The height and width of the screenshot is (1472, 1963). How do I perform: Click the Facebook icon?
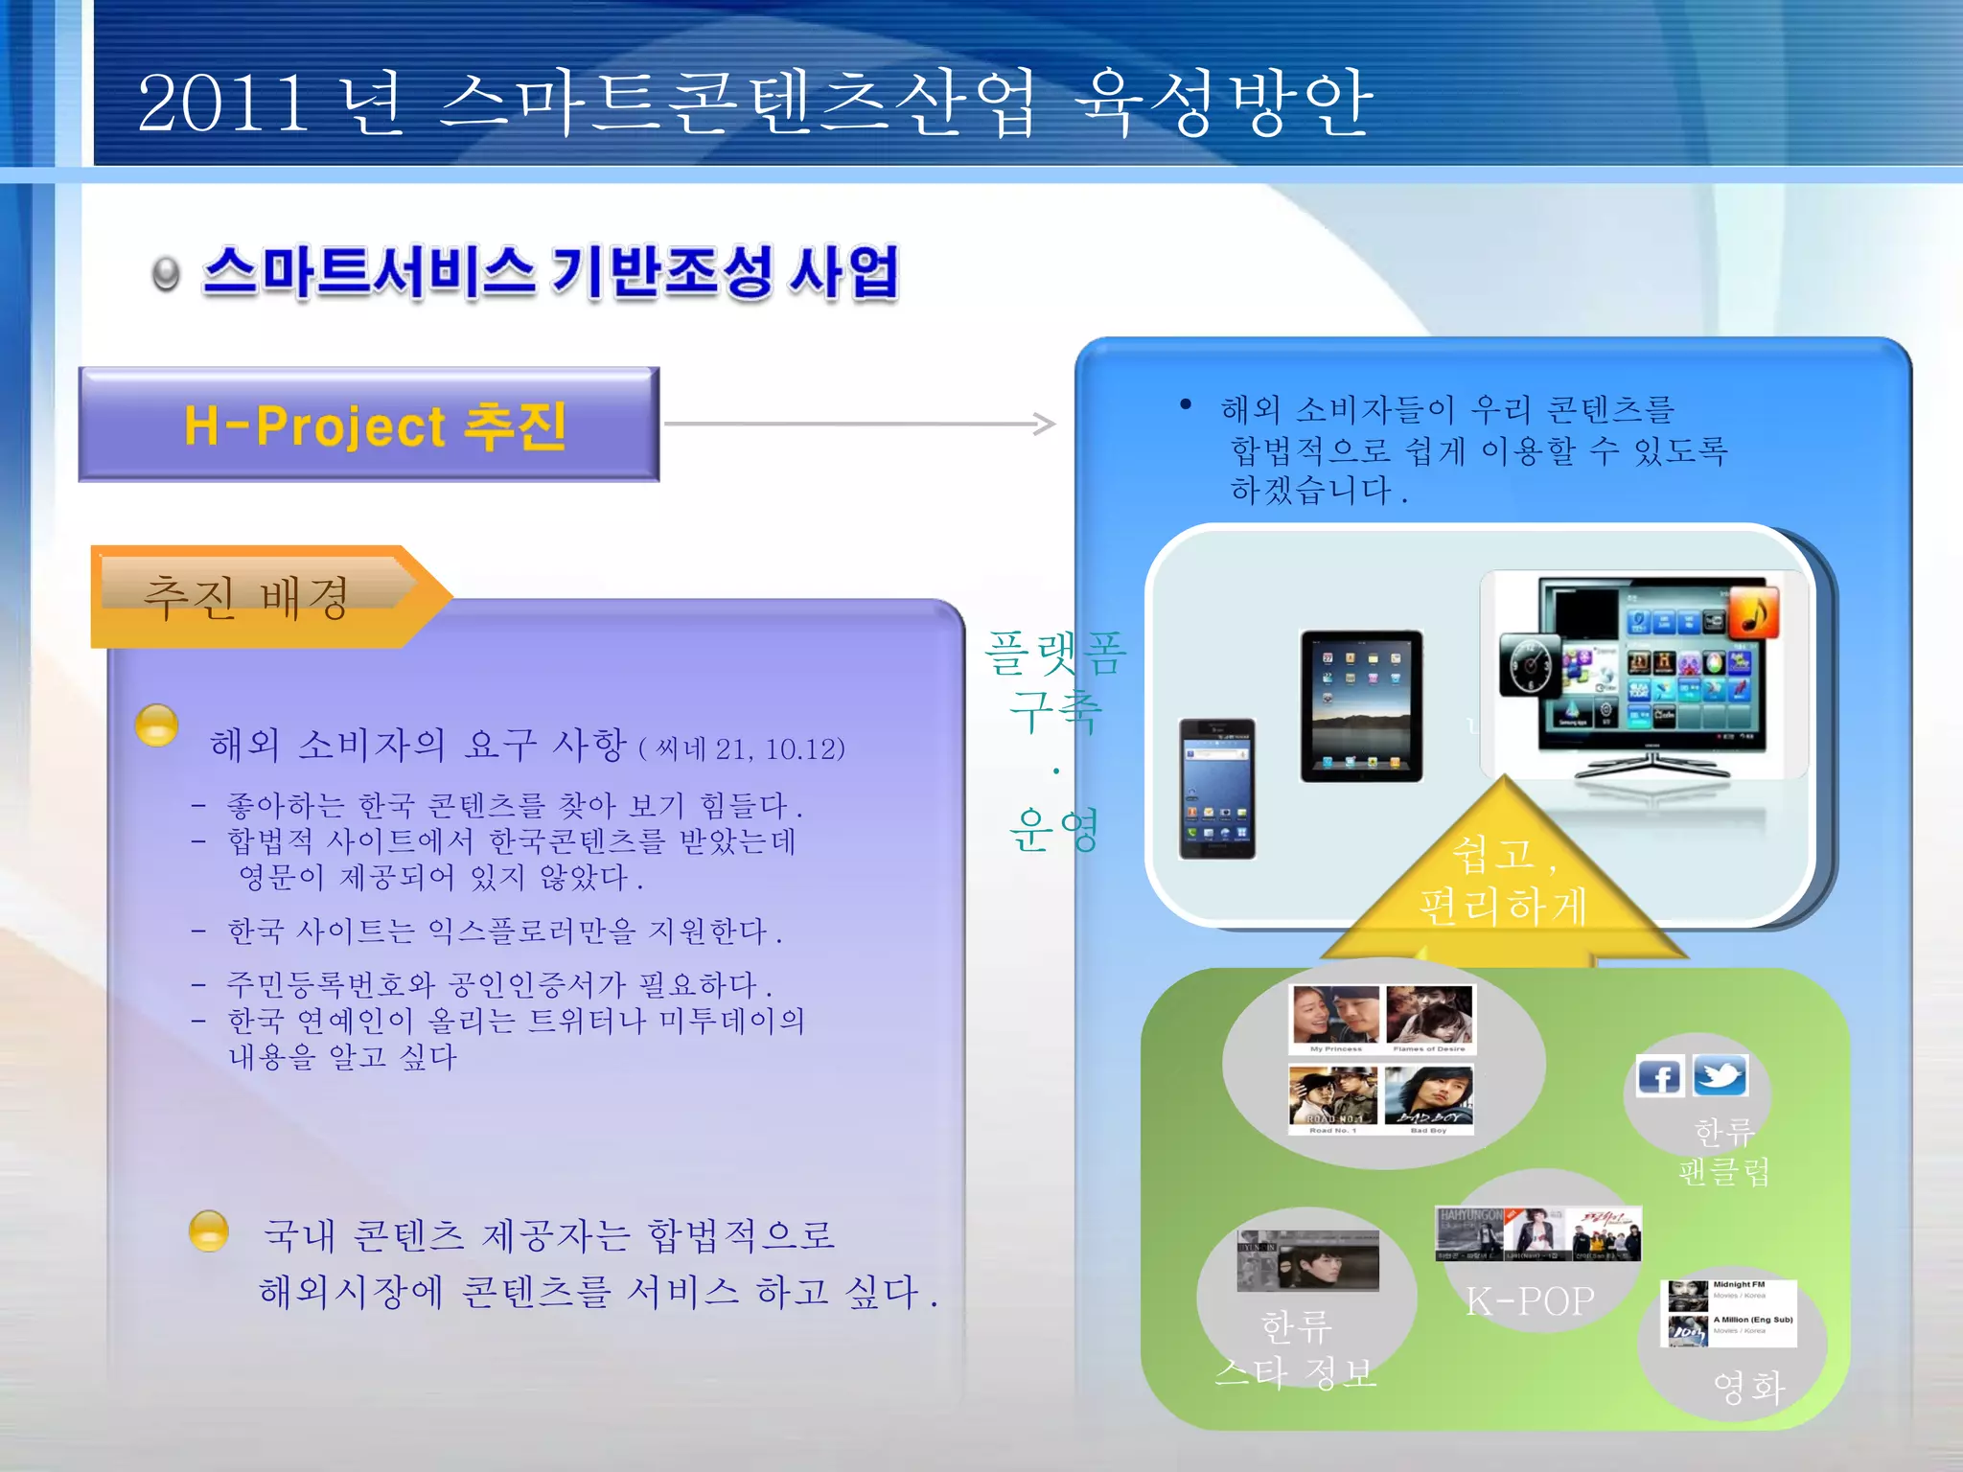click(x=1659, y=1076)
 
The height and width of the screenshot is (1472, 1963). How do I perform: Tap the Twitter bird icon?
click(x=1720, y=1075)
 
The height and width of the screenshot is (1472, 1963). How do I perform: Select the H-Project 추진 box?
click(x=370, y=425)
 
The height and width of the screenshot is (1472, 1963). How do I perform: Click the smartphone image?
click(x=1216, y=788)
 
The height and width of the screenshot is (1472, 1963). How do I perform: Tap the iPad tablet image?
click(x=1361, y=706)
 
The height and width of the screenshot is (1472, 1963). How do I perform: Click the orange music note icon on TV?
click(x=1753, y=611)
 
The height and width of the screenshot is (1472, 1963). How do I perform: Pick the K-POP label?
click(x=1530, y=1301)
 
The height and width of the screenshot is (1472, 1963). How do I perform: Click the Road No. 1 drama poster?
click(x=1333, y=1097)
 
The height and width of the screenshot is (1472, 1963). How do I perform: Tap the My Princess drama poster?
click(x=1335, y=1017)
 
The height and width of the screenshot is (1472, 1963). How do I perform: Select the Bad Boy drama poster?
click(x=1429, y=1097)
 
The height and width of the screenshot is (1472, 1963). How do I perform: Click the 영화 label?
click(x=1747, y=1387)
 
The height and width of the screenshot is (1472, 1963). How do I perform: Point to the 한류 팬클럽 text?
click(x=1724, y=1152)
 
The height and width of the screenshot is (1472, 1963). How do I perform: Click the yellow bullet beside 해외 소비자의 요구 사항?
click(x=157, y=725)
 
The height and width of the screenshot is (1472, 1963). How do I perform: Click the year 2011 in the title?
click(x=222, y=103)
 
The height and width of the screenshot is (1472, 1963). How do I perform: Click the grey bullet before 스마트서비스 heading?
click(x=166, y=275)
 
